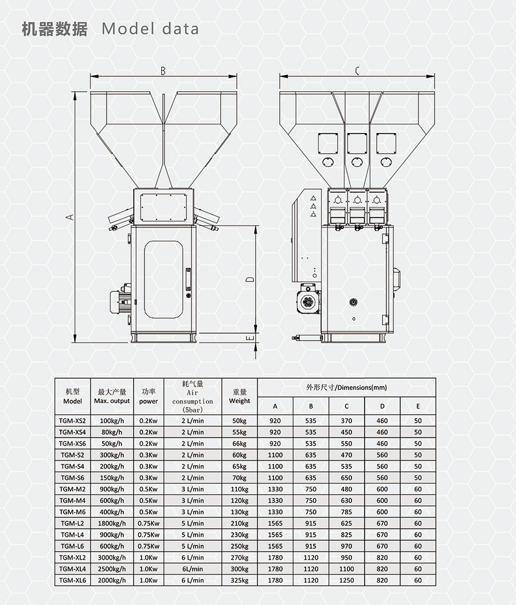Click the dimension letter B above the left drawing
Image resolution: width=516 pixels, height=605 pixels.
point(163,71)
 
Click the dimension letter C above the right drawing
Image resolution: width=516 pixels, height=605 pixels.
point(357,71)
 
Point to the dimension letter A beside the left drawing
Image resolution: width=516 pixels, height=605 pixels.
point(70,217)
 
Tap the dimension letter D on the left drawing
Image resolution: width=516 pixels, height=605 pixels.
point(250,279)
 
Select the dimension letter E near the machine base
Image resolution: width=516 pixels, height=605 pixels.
point(250,338)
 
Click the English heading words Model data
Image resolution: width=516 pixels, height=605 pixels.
point(150,29)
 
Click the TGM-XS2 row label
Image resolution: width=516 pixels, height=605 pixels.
point(72,421)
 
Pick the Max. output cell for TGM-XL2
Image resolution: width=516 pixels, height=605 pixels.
point(112,557)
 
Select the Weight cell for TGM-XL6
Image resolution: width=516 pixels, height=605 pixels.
point(240,580)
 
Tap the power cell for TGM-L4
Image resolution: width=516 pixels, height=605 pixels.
point(148,535)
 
